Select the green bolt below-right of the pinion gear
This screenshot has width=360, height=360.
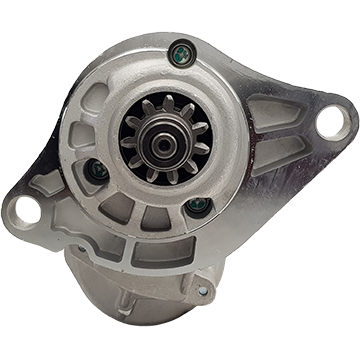[198, 206]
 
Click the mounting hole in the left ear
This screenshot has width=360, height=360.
[25, 210]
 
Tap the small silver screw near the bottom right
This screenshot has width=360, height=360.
[203, 290]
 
